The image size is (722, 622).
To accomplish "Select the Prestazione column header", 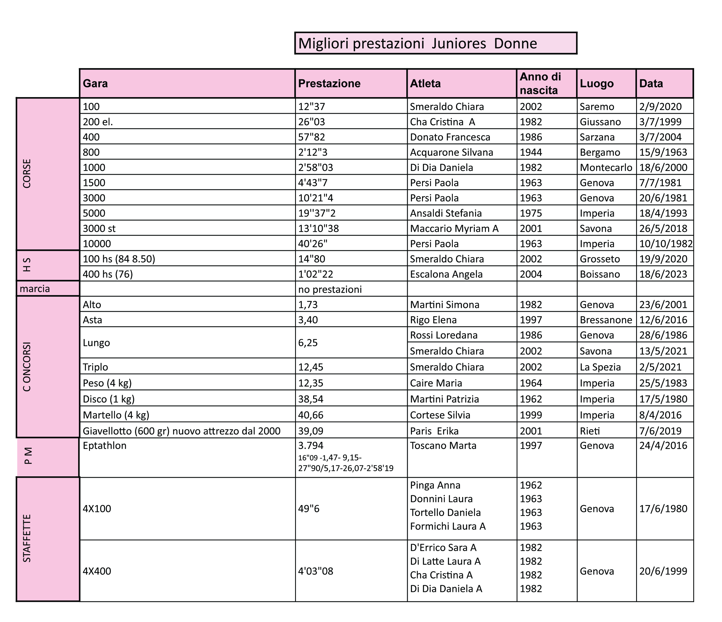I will click(329, 84).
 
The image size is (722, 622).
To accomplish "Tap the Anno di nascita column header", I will click(540, 84).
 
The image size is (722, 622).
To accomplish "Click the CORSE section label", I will click(27, 174).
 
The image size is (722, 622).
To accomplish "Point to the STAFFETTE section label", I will click(27, 539).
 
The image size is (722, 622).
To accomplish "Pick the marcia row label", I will click(35, 289).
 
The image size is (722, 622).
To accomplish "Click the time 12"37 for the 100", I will click(311, 107).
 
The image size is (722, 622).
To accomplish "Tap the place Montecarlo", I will click(606, 167).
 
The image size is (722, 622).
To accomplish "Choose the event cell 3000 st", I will click(99, 229).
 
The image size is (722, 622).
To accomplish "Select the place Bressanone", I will click(606, 320).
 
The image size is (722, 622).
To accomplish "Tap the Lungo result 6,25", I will click(308, 342).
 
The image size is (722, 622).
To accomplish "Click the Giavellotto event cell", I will click(181, 431).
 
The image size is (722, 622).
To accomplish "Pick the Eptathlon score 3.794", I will click(311, 446).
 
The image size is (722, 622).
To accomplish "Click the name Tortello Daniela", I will click(445, 513).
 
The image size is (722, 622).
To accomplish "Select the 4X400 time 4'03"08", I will click(316, 571).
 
